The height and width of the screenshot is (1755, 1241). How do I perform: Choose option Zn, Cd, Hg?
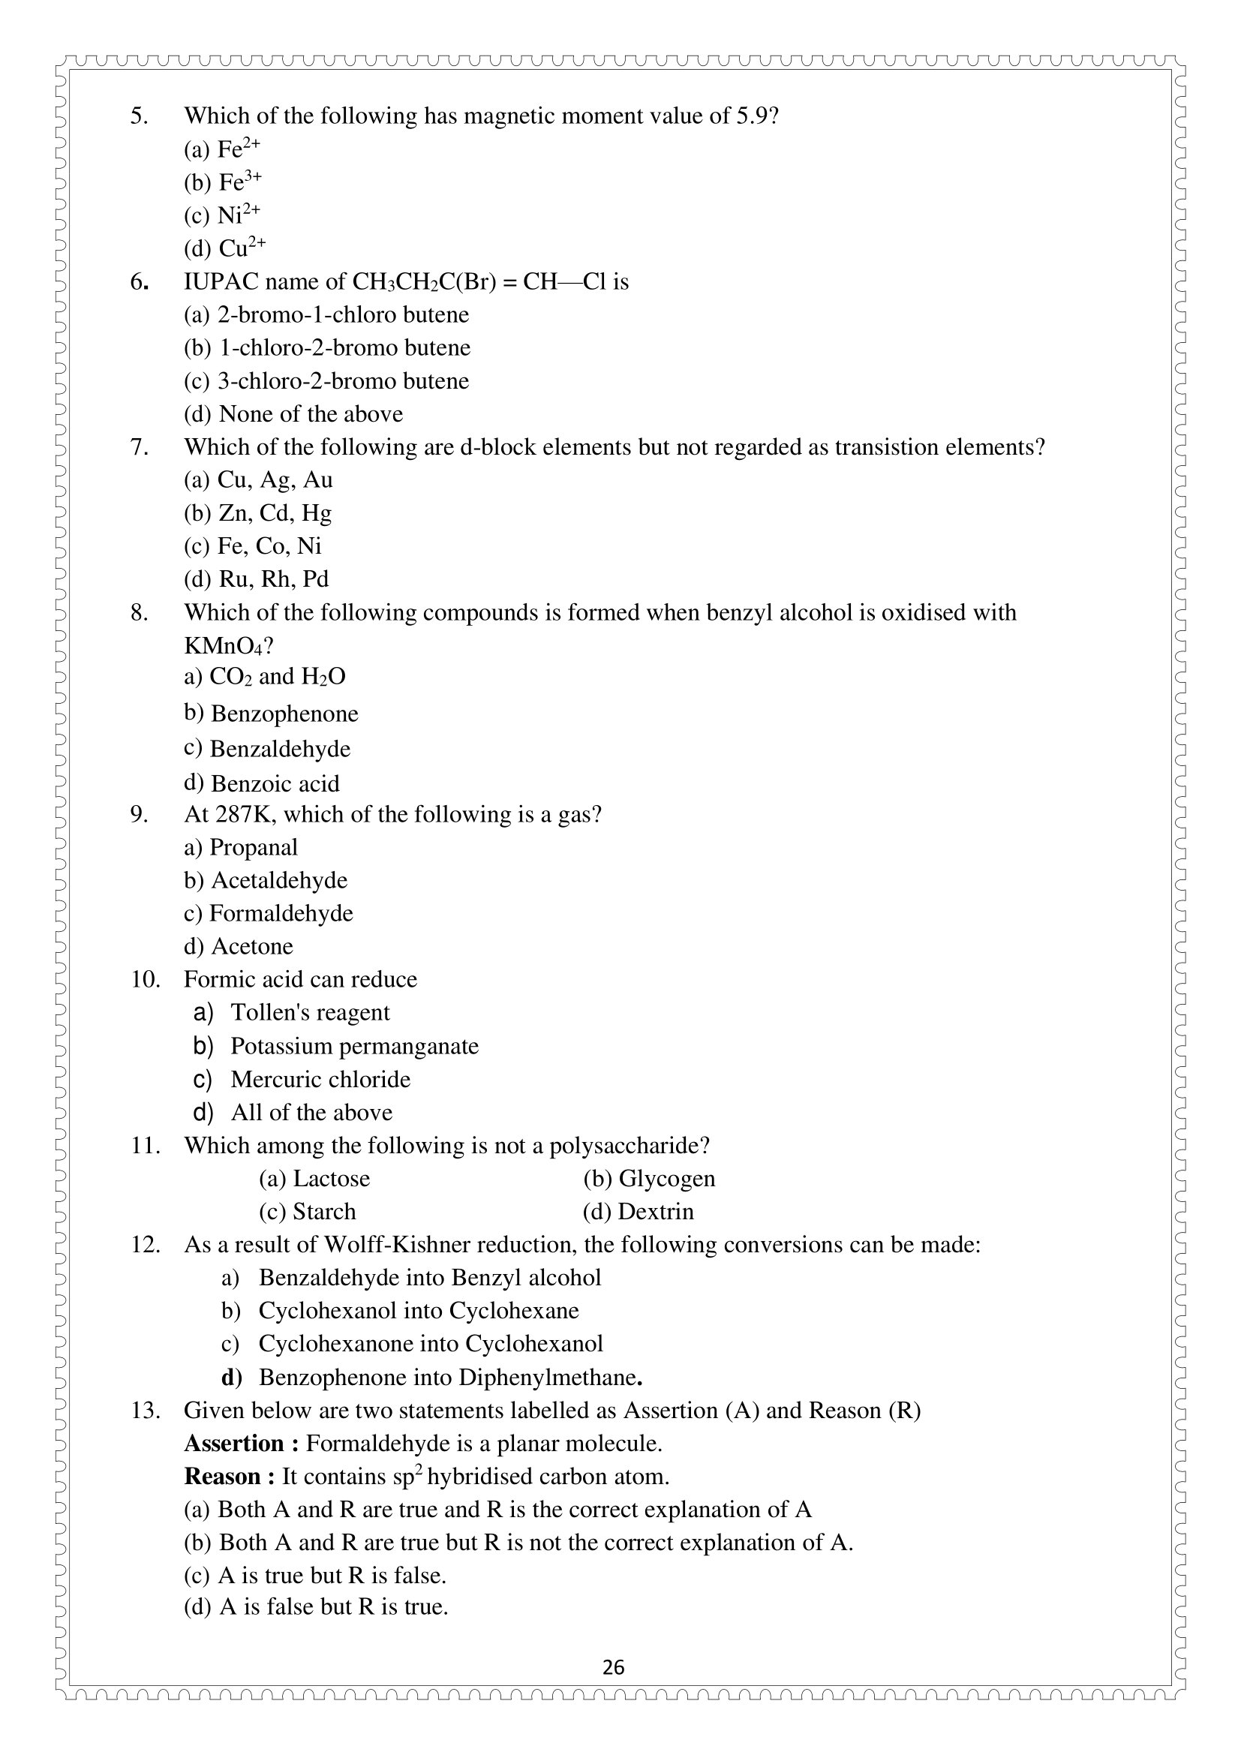[x=257, y=513]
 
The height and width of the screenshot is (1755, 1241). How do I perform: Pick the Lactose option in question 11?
[x=314, y=1179]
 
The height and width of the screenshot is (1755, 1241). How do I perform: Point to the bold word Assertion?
[x=234, y=1444]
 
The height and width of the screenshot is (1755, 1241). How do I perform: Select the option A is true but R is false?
[x=315, y=1576]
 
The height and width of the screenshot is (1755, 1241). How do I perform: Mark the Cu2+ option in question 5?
[x=224, y=248]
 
